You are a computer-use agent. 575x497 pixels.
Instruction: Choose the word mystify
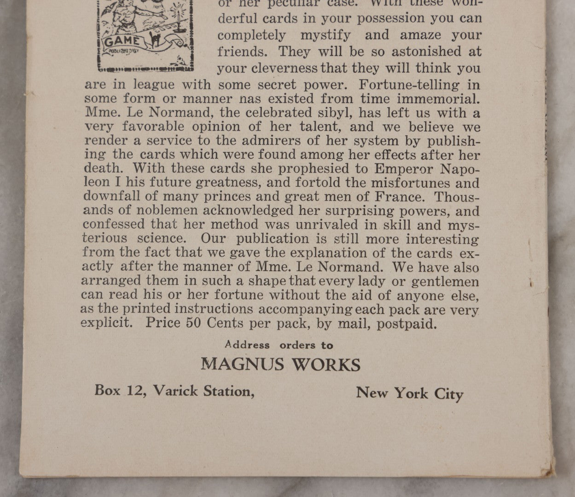pyautogui.click(x=325, y=35)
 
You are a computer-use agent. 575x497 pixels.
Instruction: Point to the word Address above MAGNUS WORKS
pyautogui.click(x=247, y=345)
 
